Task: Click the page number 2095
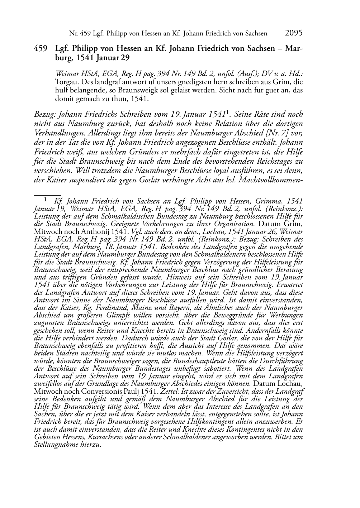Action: point(294,33)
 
